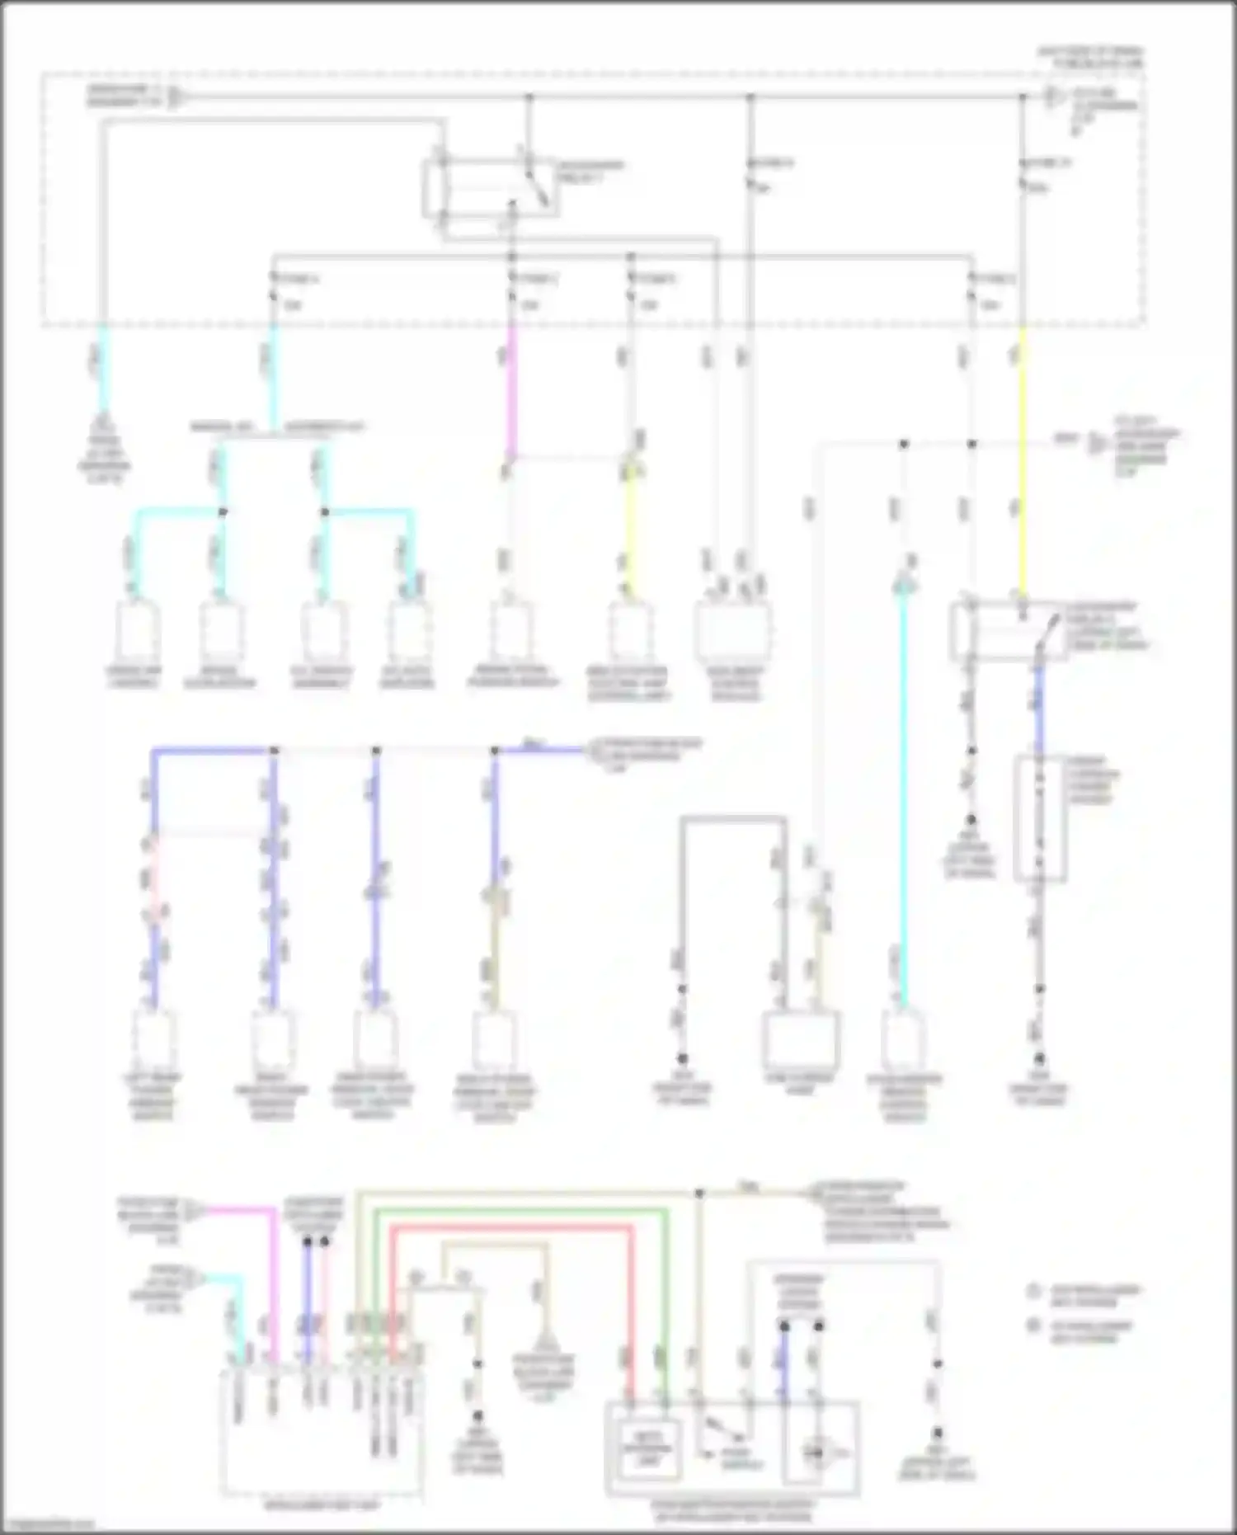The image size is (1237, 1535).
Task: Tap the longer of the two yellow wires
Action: [1023, 462]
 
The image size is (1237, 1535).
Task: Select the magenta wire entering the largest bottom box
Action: [275, 1287]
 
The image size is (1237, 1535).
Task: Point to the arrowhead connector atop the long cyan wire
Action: [904, 585]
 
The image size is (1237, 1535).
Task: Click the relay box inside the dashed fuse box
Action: [490, 189]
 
